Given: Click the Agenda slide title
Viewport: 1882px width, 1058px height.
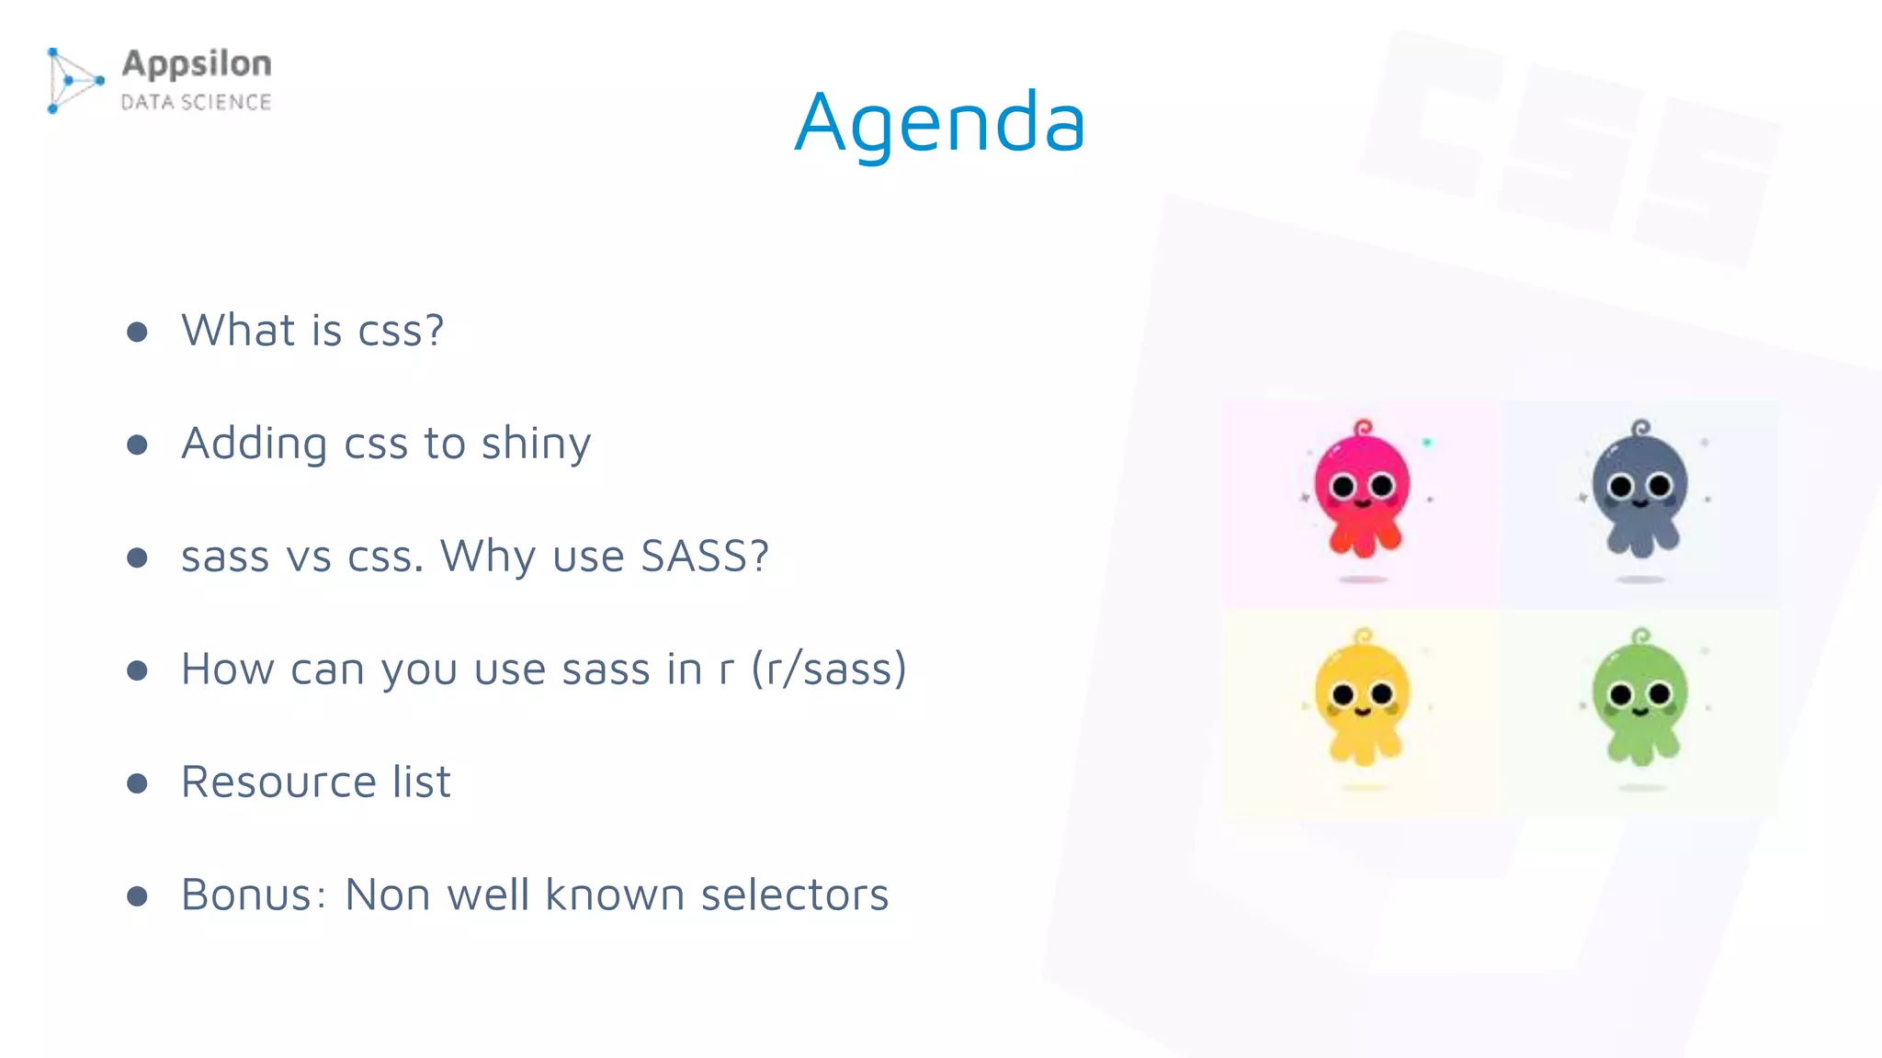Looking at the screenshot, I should pyautogui.click(x=939, y=122).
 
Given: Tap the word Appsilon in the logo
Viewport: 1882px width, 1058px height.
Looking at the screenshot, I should pyautogui.click(x=197, y=64).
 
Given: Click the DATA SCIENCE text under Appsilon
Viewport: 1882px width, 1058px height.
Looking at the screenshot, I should pyautogui.click(x=196, y=102).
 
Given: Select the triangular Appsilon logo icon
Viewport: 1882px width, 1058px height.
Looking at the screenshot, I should pyautogui.click(x=74, y=81).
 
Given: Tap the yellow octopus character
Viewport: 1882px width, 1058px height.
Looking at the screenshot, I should pyautogui.click(x=1363, y=700).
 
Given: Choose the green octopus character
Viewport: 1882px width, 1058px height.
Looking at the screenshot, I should pyautogui.click(x=1641, y=700).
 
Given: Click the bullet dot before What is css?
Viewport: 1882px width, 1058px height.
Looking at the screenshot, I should pyautogui.click(x=138, y=332).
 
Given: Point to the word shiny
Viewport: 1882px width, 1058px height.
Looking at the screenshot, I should pyautogui.click(x=536, y=445).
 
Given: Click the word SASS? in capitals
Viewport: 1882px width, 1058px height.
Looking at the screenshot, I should pyautogui.click(x=704, y=556).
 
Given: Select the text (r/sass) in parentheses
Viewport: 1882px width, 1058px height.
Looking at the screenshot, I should pyautogui.click(x=829, y=669).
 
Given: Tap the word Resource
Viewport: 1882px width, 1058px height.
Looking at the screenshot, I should pyautogui.click(x=278, y=782).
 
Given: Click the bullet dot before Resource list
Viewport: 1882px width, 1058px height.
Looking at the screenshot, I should pyautogui.click(x=138, y=783).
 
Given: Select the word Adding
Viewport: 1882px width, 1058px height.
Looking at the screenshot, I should pyautogui.click(x=254, y=445).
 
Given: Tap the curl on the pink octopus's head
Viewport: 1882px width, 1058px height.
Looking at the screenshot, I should pyautogui.click(x=1364, y=428).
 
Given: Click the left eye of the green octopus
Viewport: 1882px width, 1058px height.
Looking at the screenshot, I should pyautogui.click(x=1621, y=695).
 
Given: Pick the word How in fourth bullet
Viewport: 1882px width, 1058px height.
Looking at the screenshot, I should pyautogui.click(x=227, y=669).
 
